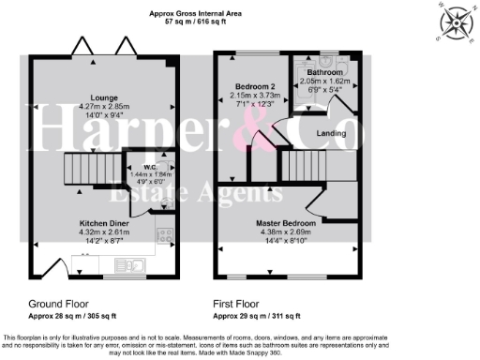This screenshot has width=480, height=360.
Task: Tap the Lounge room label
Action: (x=103, y=97)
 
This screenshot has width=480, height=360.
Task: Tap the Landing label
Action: (x=328, y=133)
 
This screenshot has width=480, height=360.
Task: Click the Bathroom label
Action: (x=324, y=72)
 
